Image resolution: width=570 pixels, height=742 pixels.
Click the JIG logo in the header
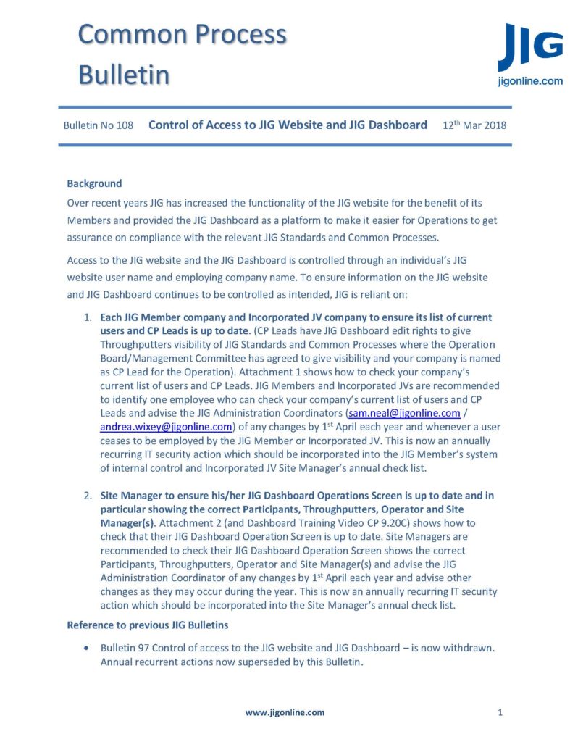click(x=530, y=47)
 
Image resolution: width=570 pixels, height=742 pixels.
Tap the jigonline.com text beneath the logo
click(x=531, y=82)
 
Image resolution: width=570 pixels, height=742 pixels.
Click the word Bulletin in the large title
click(x=124, y=74)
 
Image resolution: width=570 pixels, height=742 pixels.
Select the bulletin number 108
click(x=125, y=125)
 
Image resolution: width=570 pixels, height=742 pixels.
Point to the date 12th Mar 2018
click(x=474, y=125)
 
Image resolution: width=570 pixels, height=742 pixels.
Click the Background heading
click(x=94, y=183)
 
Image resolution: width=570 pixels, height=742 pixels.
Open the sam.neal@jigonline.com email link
click(x=404, y=413)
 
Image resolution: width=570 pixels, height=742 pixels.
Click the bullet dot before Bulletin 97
click(x=88, y=648)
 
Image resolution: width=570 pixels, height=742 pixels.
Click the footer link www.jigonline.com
click(x=285, y=712)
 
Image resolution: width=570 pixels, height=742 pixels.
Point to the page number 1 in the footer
click(x=500, y=712)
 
